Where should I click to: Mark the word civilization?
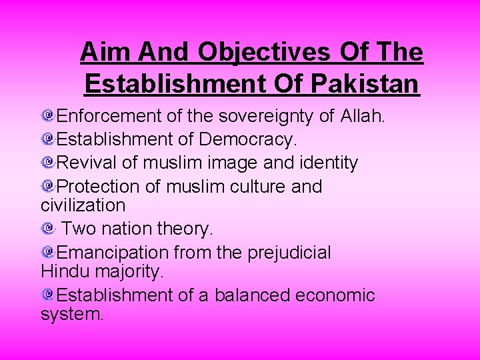[x=83, y=205]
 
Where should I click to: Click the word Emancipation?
[x=113, y=252]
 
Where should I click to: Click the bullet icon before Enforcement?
[x=47, y=116]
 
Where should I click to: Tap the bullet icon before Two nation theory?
[x=47, y=228]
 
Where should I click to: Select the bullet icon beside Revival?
[x=47, y=161]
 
